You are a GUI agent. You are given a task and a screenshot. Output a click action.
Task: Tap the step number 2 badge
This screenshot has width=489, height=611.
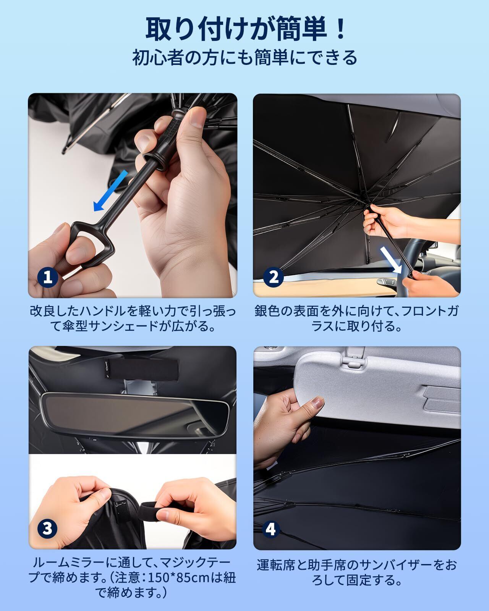pos(273,276)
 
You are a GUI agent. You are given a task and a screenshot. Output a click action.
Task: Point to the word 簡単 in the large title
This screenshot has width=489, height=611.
pos(301,29)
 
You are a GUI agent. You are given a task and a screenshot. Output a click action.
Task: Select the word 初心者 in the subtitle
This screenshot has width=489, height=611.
pos(158,58)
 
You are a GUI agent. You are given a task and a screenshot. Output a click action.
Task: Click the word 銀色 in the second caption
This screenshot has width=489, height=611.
pos(267,311)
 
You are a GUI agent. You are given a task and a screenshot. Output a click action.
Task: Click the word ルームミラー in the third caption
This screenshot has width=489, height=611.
pos(69,562)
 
